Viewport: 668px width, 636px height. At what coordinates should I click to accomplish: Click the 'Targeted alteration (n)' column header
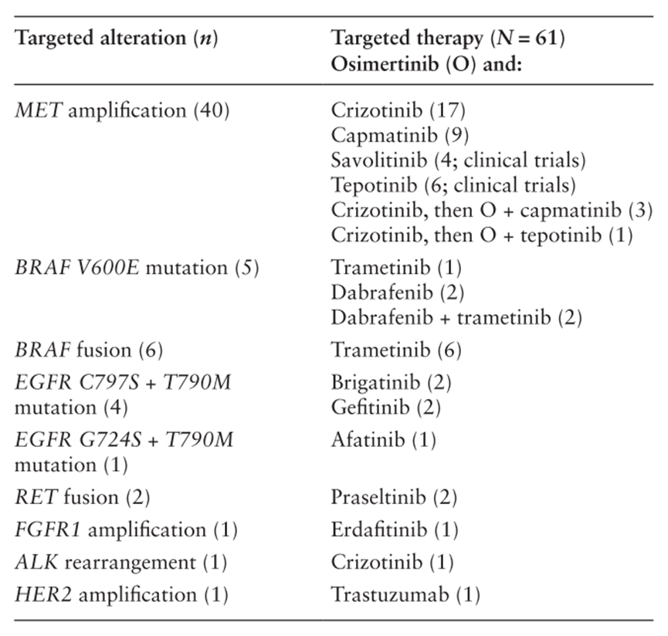(x=117, y=39)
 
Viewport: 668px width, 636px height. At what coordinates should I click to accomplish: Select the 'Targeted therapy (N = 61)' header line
(x=448, y=39)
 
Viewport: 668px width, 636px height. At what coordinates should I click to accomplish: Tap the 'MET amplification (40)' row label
(x=122, y=110)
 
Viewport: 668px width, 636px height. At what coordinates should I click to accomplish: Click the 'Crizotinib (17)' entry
(x=398, y=110)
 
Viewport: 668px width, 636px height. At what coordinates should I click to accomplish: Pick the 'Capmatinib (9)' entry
(x=400, y=135)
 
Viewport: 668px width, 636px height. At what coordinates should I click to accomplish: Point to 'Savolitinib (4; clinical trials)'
(x=459, y=161)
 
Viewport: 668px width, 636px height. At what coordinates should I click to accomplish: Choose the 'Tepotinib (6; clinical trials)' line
(x=454, y=185)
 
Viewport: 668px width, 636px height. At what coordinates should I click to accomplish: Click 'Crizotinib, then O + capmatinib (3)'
(x=492, y=210)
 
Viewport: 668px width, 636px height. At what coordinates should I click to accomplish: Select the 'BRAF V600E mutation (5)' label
(x=137, y=268)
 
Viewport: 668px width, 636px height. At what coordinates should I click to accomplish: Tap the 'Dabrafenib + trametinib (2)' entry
(x=456, y=317)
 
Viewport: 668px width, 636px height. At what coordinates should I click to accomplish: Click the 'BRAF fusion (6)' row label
(x=89, y=350)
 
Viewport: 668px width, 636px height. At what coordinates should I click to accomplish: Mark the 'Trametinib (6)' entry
(x=397, y=350)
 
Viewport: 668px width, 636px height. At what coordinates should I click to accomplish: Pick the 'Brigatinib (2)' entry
(x=391, y=383)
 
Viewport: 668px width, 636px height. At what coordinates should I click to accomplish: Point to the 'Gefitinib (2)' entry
(x=386, y=408)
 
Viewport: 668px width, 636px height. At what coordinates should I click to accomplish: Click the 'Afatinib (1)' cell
(x=384, y=440)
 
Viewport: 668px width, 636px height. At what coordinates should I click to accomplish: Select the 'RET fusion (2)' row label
(x=83, y=498)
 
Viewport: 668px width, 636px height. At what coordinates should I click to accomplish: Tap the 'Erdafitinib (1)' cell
(x=395, y=530)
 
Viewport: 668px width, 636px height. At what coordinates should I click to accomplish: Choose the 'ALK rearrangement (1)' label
(x=121, y=563)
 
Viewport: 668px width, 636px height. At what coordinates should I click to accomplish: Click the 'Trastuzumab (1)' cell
(x=406, y=595)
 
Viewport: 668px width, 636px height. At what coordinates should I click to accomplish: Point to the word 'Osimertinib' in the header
(x=385, y=64)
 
